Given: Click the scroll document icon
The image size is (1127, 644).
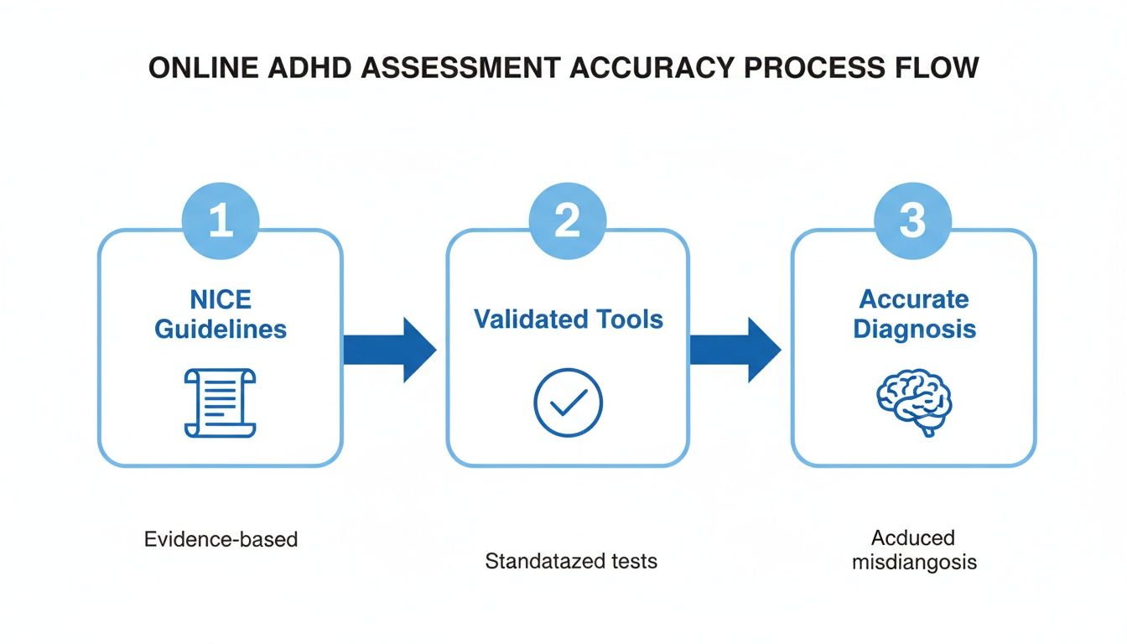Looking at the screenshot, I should point(220,403).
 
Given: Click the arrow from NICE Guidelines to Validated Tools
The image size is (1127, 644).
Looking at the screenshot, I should point(391,350).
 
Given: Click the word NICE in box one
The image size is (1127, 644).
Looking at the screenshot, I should point(221,299).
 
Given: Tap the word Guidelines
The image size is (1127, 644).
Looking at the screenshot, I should point(221,329).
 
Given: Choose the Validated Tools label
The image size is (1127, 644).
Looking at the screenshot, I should point(568,319).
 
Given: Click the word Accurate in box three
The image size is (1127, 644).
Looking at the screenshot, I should point(914,299).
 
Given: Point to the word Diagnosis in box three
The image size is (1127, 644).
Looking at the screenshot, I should point(914,329).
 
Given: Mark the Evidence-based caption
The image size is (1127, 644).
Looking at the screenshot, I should point(221,538).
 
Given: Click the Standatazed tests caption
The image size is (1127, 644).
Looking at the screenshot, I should point(571,560).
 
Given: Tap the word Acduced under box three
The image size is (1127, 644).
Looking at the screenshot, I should point(913,538).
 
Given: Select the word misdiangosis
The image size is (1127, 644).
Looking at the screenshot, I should point(914,562).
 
